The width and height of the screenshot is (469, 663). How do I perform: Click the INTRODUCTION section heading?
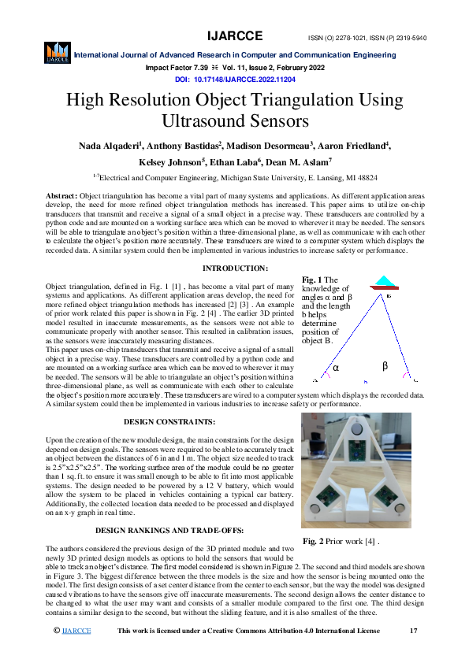pos(234,269)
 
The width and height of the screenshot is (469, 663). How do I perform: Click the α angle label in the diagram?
pos(336,367)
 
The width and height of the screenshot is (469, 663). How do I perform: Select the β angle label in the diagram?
pos(385,365)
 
